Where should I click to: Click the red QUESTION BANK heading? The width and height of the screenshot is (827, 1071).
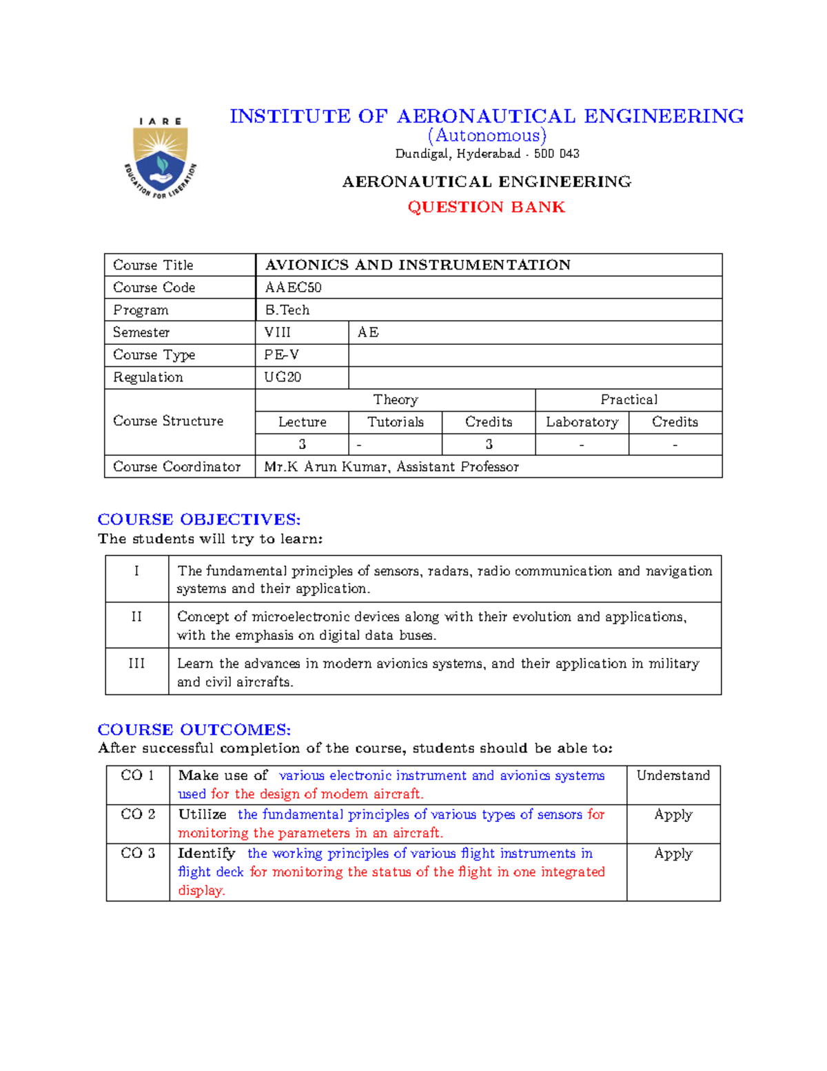pos(486,207)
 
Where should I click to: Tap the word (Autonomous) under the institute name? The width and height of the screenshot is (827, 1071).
pos(487,135)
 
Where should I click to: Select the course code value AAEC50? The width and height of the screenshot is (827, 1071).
pos(293,288)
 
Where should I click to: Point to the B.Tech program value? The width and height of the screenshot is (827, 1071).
pos(287,310)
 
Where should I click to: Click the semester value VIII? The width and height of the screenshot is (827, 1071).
pos(278,332)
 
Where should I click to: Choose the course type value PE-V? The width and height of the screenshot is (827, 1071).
pos(282,354)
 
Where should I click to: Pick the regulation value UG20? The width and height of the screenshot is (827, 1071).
pos(283,377)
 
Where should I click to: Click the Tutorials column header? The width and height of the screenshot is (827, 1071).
pos(395,422)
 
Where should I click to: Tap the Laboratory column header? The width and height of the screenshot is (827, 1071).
pos(582,422)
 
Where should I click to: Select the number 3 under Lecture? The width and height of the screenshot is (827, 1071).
pos(302,444)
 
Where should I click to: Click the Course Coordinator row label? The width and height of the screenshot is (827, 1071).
pos(176,467)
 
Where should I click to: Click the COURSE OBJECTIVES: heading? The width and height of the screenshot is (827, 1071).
pos(199,519)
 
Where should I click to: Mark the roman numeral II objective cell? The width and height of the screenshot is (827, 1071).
pos(136,617)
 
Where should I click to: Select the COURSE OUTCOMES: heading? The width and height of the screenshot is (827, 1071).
pos(194,730)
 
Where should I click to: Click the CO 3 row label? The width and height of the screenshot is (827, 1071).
pos(138,853)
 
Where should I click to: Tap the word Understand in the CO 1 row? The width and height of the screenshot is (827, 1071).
pos(673,776)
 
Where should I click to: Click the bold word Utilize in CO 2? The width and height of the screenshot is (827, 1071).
pos(203,814)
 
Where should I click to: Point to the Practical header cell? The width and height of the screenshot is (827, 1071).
pos(629,400)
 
